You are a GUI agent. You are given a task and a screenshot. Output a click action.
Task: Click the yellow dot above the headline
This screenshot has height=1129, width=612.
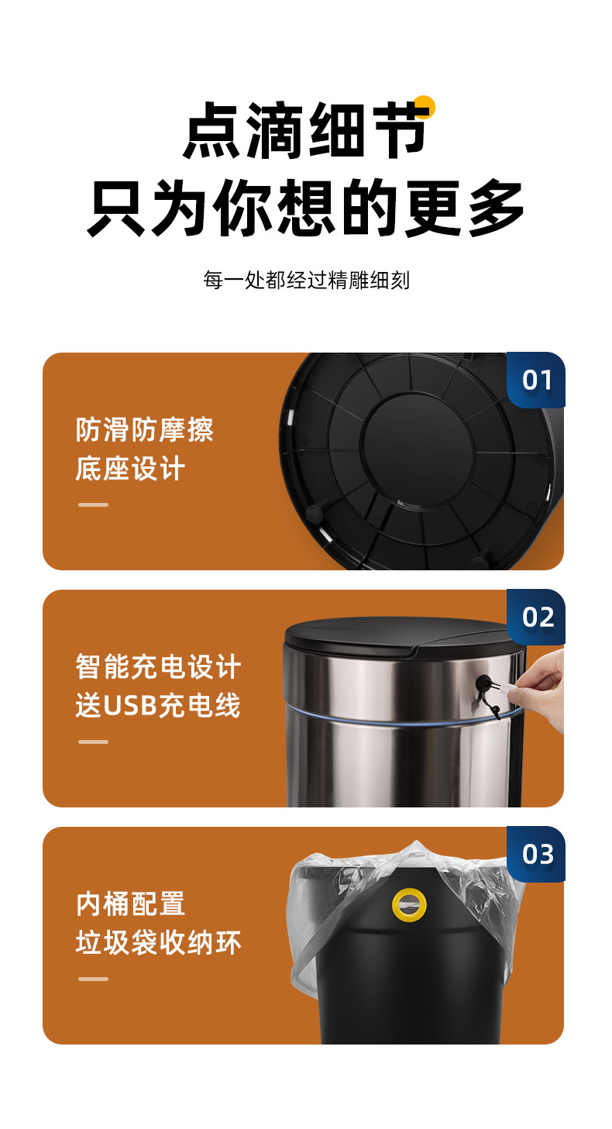(x=424, y=106)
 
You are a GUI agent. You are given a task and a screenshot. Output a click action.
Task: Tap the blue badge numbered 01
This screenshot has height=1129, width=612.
(x=536, y=380)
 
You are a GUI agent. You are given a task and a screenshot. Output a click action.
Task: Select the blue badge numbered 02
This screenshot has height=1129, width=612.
(x=536, y=617)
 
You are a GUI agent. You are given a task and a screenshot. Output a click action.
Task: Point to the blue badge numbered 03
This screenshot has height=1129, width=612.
(x=536, y=855)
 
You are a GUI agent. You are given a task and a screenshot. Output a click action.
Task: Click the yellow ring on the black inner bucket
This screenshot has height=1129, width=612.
(x=409, y=905)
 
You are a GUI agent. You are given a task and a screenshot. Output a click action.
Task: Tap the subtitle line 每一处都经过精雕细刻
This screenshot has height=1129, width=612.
(x=306, y=281)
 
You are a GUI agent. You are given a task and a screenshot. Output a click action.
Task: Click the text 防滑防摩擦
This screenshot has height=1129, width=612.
(x=145, y=430)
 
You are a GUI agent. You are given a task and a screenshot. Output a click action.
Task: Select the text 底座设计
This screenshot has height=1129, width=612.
(x=130, y=468)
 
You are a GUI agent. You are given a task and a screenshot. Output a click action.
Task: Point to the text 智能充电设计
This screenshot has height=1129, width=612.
(x=158, y=666)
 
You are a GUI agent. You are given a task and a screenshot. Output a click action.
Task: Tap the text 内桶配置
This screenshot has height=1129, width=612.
(x=130, y=904)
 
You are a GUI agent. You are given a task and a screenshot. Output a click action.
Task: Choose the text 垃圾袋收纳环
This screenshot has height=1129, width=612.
(x=158, y=942)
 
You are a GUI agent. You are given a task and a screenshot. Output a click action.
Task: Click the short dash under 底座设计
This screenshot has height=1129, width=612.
(x=93, y=504)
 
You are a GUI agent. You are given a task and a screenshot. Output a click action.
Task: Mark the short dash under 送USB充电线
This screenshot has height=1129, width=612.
(x=93, y=742)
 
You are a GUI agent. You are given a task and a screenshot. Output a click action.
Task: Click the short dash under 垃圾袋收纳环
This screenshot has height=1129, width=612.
(x=93, y=979)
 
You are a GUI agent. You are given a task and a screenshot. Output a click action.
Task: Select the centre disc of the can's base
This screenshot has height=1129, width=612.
(x=418, y=449)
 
